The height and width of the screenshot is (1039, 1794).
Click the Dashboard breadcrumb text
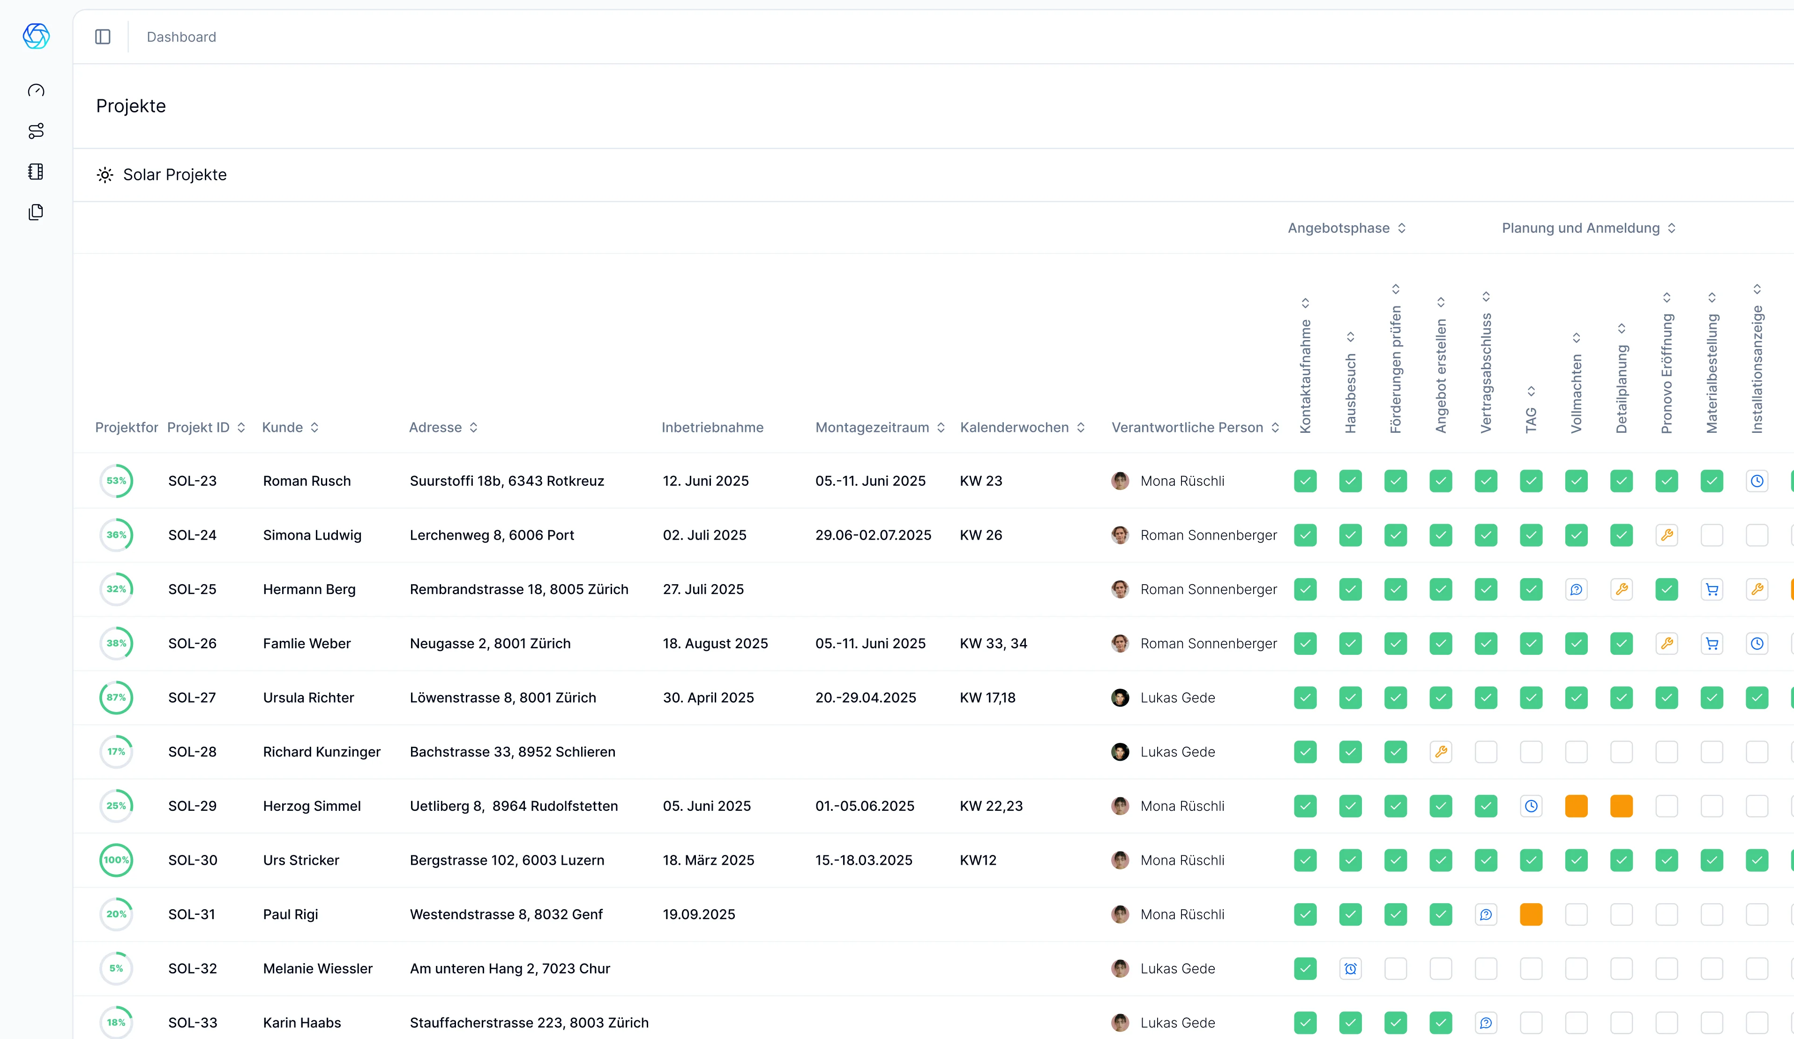coord(181,37)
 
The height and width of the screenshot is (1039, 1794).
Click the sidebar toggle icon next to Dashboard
coord(103,37)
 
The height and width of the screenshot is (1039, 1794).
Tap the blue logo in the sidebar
coord(36,36)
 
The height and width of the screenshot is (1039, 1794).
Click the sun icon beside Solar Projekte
coord(105,175)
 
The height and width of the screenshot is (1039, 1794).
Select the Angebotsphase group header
coord(1338,228)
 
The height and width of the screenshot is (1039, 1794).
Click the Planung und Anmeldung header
coord(1580,228)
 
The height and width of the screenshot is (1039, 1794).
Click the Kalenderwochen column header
coord(1015,427)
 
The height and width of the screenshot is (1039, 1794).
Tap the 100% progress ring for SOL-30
coord(116,860)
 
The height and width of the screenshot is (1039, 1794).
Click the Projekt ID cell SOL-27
coord(192,698)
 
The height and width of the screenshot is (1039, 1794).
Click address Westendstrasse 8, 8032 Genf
coord(506,914)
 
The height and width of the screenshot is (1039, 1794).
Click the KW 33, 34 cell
coord(993,643)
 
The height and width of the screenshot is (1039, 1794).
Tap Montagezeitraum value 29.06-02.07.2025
coord(873,535)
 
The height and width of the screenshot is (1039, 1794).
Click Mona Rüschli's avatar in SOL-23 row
coord(1120,481)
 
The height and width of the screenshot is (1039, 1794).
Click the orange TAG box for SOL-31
coord(1531,914)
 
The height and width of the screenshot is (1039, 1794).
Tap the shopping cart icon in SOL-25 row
coord(1712,589)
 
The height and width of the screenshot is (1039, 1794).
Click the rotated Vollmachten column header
coord(1576,392)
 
